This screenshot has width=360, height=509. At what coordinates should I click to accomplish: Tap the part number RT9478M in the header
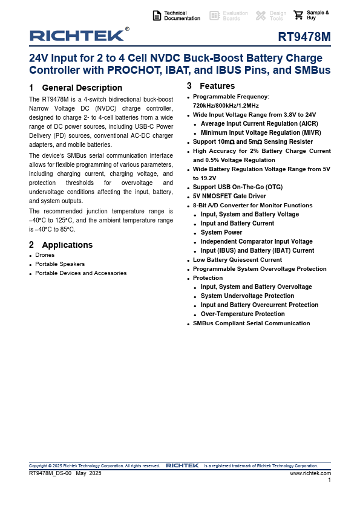coord(304,37)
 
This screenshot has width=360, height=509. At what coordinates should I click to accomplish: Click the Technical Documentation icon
coord(157,16)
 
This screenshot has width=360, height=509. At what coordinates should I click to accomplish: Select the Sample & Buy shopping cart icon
coord(298,16)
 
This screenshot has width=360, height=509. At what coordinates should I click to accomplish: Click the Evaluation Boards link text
coord(235,16)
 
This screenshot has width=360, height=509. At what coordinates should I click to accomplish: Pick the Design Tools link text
coord(278,16)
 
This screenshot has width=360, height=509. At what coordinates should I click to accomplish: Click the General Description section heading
coord(82,88)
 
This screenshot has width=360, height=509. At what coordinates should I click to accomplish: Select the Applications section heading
coord(67,245)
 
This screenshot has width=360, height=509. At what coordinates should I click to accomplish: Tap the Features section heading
coord(217,86)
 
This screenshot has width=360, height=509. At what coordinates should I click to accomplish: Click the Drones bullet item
coord(45,255)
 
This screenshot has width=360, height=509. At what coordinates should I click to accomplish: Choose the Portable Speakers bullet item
coord(60,264)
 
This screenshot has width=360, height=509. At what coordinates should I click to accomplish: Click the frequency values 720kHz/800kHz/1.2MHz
coord(226,105)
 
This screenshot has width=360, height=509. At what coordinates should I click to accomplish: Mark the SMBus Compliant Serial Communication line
coord(251,323)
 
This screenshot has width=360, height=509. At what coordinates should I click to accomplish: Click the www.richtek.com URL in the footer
coord(310,473)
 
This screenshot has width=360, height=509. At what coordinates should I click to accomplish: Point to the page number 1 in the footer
coord(329,480)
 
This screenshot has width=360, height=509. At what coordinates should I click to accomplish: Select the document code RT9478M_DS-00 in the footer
coord(50,473)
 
